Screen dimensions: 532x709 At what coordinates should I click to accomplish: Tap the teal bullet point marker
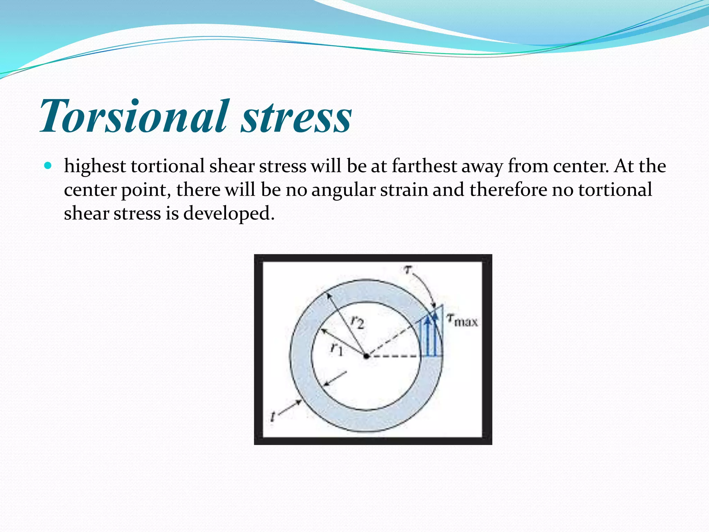(48, 166)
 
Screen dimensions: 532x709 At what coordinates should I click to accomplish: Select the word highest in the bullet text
(95, 166)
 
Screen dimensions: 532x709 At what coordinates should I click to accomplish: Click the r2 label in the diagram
(357, 322)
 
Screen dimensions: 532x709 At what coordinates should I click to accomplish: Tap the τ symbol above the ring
(409, 269)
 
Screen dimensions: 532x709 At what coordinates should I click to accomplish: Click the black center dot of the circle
(366, 356)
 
